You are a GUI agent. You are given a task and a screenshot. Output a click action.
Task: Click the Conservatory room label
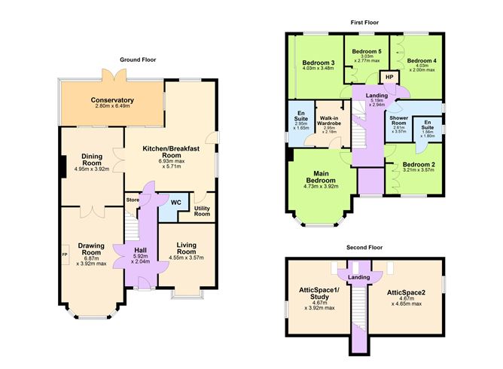coord(112,100)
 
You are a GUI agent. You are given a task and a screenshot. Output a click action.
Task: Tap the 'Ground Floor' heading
coord(138,59)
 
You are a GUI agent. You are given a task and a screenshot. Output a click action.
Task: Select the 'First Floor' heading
coord(364,23)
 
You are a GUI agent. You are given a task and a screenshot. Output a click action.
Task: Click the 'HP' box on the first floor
coord(389,78)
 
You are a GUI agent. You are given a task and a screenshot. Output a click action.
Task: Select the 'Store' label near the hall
coord(133,200)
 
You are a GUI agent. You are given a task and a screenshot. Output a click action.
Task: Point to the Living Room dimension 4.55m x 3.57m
coord(186,258)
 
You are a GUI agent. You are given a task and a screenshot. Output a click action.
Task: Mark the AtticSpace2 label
coord(406,291)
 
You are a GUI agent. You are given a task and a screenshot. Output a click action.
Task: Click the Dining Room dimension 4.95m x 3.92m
coord(93,169)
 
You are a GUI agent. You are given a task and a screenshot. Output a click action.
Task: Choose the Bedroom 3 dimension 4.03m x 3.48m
coord(319,69)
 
